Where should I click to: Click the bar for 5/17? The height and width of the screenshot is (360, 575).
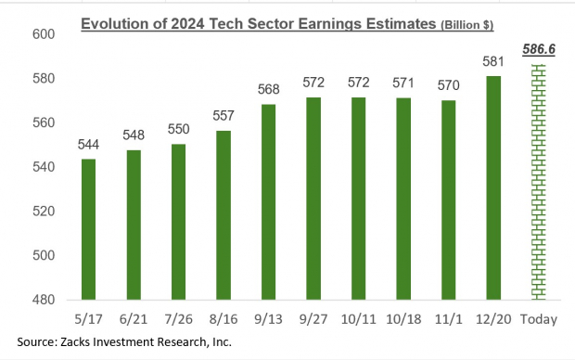[89, 229]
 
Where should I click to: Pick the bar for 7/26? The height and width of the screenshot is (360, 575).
[179, 222]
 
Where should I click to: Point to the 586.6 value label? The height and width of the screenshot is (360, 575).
[538, 53]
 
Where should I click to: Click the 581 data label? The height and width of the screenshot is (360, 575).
[493, 63]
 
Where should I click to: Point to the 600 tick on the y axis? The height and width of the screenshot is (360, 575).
[44, 34]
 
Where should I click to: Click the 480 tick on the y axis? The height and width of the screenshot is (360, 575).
[44, 301]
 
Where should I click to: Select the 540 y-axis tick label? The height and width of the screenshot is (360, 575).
[44, 167]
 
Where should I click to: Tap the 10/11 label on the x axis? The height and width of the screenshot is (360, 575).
[359, 318]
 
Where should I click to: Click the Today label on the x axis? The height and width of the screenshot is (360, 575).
[538, 318]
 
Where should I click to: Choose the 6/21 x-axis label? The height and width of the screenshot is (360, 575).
[134, 318]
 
